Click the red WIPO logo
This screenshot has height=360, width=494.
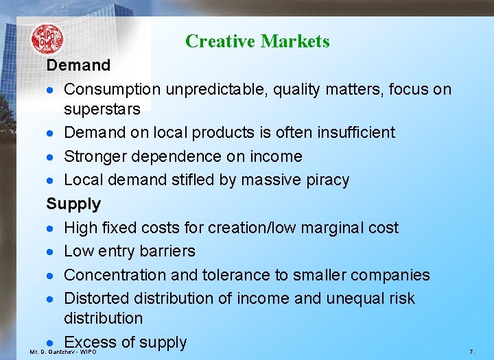(x=47, y=39)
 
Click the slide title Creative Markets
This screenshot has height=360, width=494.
(x=257, y=41)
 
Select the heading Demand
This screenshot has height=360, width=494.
(x=78, y=66)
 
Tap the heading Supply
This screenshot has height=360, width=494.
(x=73, y=204)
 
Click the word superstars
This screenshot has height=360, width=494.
(x=102, y=109)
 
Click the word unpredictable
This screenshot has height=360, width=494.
(x=224, y=90)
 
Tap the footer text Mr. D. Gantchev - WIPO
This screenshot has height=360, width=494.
(x=62, y=352)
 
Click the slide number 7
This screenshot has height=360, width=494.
(x=471, y=351)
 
